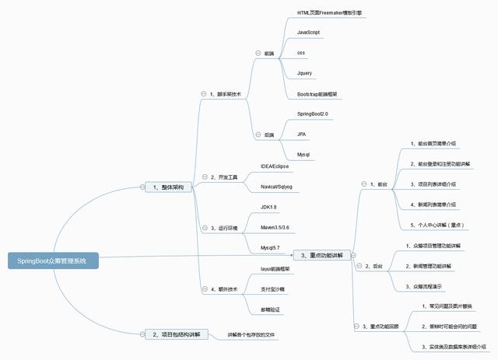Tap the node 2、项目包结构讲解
[174, 334]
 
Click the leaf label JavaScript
[309, 32]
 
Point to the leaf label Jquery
[305, 72]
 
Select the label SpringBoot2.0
[314, 114]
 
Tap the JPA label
[302, 134]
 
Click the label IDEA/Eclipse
[275, 166]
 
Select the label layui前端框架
[275, 268]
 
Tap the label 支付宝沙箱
[272, 288]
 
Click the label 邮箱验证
[270, 309]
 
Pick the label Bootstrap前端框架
[319, 93]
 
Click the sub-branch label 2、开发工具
[226, 177]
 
